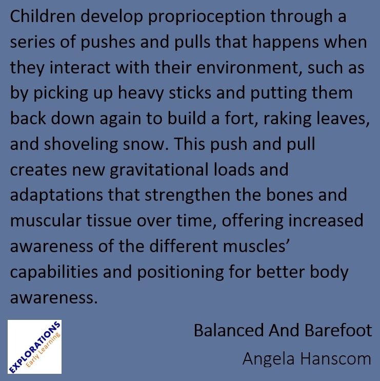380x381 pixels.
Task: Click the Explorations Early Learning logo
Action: point(35,347)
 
